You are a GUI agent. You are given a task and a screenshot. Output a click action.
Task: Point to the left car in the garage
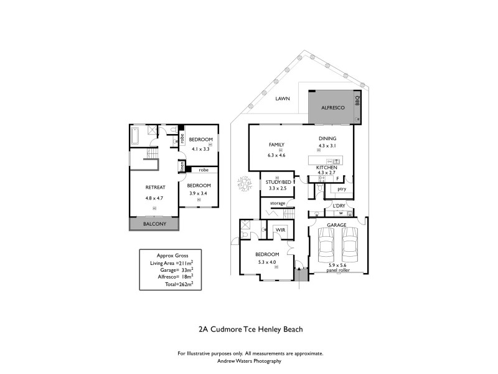pos(326,246)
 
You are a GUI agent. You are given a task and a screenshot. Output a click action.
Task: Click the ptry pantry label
pos(341,188)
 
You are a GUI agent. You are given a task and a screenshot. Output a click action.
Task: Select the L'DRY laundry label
pos(339,205)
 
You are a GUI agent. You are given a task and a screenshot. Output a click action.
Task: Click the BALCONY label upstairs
pos(154,224)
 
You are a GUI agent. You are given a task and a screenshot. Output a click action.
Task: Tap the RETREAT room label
pos(154,187)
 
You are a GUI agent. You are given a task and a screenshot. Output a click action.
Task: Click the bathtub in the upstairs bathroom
pos(138,134)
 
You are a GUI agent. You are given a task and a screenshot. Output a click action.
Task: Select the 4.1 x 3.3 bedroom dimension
pos(201,149)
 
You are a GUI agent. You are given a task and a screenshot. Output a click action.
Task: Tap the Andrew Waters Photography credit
pos(250,360)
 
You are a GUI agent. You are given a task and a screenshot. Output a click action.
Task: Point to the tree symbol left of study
pos(242,185)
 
